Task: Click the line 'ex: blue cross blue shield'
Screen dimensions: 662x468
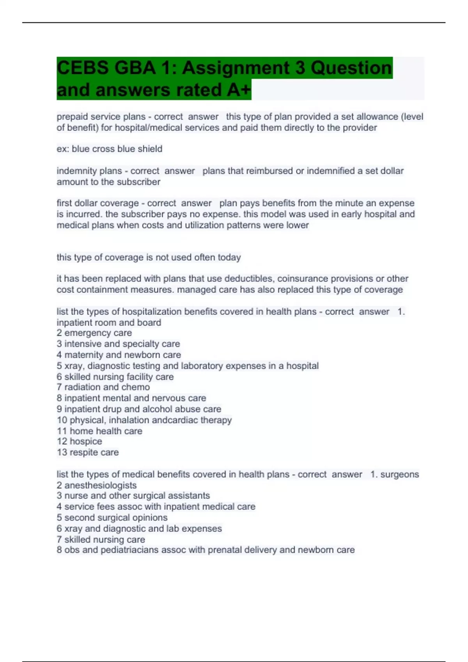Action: (110, 149)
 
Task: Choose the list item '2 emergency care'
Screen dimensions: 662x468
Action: (94, 333)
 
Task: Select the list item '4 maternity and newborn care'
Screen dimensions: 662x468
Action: (119, 355)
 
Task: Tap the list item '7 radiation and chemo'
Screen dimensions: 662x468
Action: (103, 387)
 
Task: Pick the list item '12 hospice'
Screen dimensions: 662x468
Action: (79, 441)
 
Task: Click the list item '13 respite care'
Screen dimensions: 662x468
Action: (87, 452)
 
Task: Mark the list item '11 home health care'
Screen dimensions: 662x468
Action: (99, 431)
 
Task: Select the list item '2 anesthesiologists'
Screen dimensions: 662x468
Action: (96, 485)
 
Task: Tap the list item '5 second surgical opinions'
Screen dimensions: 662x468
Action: (112, 518)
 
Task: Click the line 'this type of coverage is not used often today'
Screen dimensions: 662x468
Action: (149, 257)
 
